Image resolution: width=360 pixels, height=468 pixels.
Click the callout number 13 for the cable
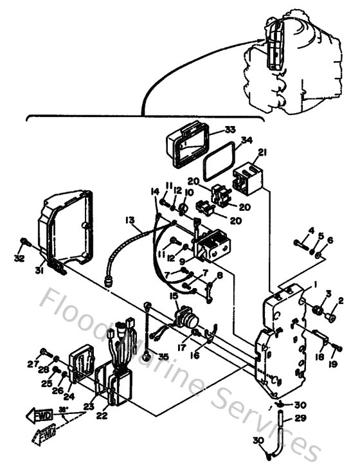coord(130,220)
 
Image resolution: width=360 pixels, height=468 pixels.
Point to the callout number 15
coord(173,295)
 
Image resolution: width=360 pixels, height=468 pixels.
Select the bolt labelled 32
coord(24,242)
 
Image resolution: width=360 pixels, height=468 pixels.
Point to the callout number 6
coord(330,240)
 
